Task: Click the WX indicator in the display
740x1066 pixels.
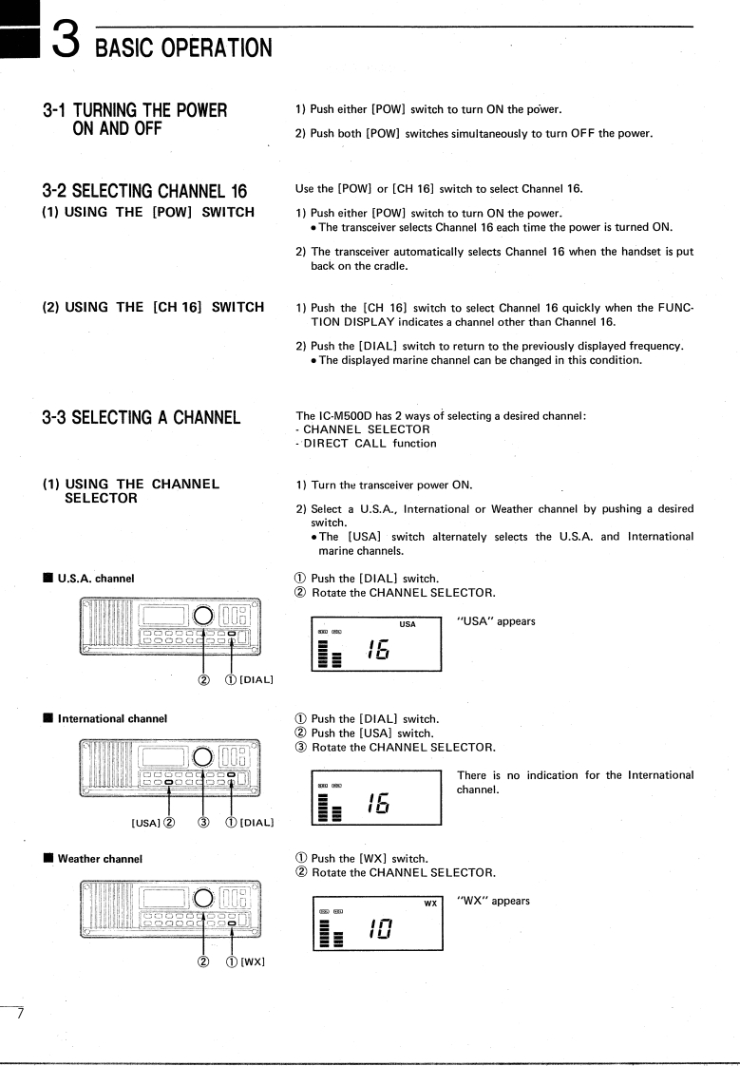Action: point(430,903)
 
